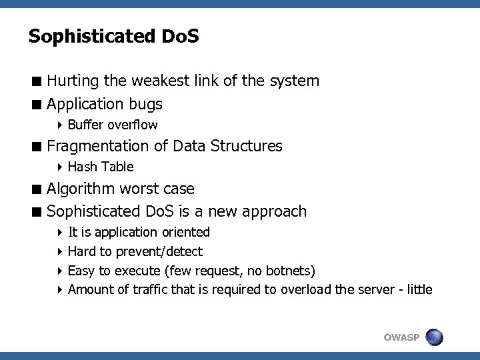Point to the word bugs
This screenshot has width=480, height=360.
(x=146, y=105)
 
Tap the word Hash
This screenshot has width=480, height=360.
(x=82, y=167)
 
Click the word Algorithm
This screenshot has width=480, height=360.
(x=79, y=189)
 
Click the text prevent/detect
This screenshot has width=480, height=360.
(x=159, y=251)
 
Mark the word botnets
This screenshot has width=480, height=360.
(x=289, y=270)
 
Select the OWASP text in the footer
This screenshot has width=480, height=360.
(x=402, y=337)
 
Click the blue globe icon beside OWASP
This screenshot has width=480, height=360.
(x=434, y=337)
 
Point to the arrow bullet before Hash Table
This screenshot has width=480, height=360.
(x=60, y=167)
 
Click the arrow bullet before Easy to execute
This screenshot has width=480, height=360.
(x=60, y=270)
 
